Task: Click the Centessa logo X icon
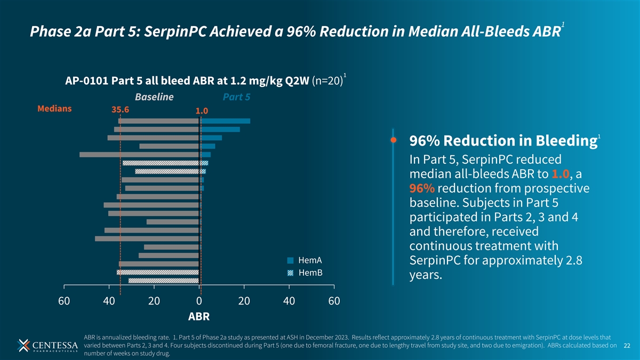pos(23,346)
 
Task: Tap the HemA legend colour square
pos(290,260)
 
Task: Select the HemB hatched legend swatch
pos(290,273)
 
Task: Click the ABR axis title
pos(199,317)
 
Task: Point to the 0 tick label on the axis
pos(199,301)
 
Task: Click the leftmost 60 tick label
pos(64,301)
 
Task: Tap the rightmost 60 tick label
pos(334,301)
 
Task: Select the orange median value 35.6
pos(121,110)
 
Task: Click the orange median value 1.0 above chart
pos(202,111)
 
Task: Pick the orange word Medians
pos(54,109)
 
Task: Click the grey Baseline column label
pos(154,97)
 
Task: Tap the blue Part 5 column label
pos(237,97)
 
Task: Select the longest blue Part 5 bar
pos(225,121)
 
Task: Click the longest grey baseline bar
pos(139,155)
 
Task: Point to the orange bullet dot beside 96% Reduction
pos(394,140)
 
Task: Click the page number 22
pos(627,346)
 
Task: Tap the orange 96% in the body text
pos(422,188)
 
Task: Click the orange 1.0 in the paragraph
pos(561,174)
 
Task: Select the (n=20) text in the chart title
pos(327,81)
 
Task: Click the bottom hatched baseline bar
pos(164,281)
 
